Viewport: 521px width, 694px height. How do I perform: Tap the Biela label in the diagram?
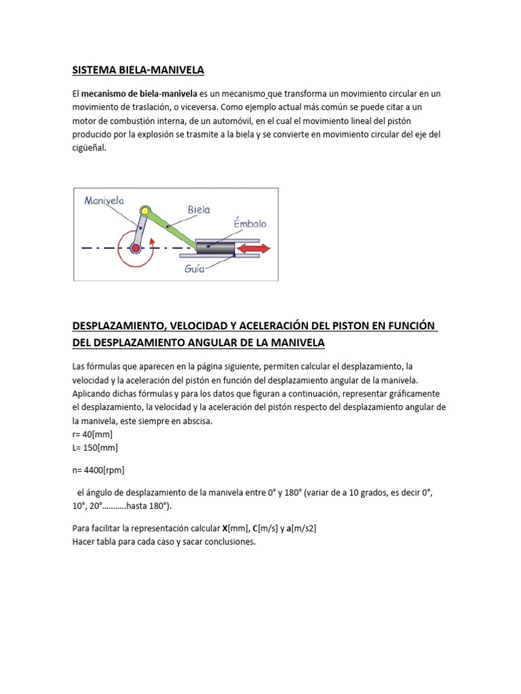(195, 211)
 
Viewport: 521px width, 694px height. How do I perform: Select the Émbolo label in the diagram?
(250, 224)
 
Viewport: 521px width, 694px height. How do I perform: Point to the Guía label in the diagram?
(195, 268)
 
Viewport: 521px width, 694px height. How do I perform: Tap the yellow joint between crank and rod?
(144, 212)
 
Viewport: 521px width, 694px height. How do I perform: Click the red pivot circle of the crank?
(136, 249)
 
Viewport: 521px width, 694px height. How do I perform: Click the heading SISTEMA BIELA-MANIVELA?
(138, 70)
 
